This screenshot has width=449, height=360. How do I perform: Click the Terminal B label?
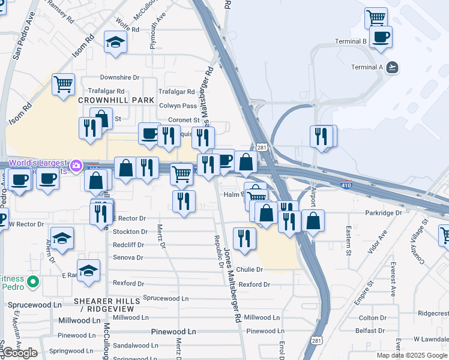point(351,41)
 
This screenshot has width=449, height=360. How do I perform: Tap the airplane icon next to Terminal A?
point(393,67)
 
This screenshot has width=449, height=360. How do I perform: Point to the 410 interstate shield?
point(346,185)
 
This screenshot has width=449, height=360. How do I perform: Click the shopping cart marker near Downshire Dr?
point(63,84)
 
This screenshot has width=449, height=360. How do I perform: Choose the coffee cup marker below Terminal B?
point(380,37)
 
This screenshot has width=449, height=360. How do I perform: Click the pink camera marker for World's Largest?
point(76,165)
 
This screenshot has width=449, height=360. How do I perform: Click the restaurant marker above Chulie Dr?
point(244,238)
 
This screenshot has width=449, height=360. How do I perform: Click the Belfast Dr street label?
point(370,330)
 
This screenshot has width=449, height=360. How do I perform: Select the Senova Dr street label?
point(128,257)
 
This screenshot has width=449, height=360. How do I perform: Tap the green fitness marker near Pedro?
point(34,280)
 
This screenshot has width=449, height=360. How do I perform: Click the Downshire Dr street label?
point(119,77)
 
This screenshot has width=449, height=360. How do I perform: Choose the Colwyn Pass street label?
point(178,106)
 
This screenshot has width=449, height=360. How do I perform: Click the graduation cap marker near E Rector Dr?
point(62,238)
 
